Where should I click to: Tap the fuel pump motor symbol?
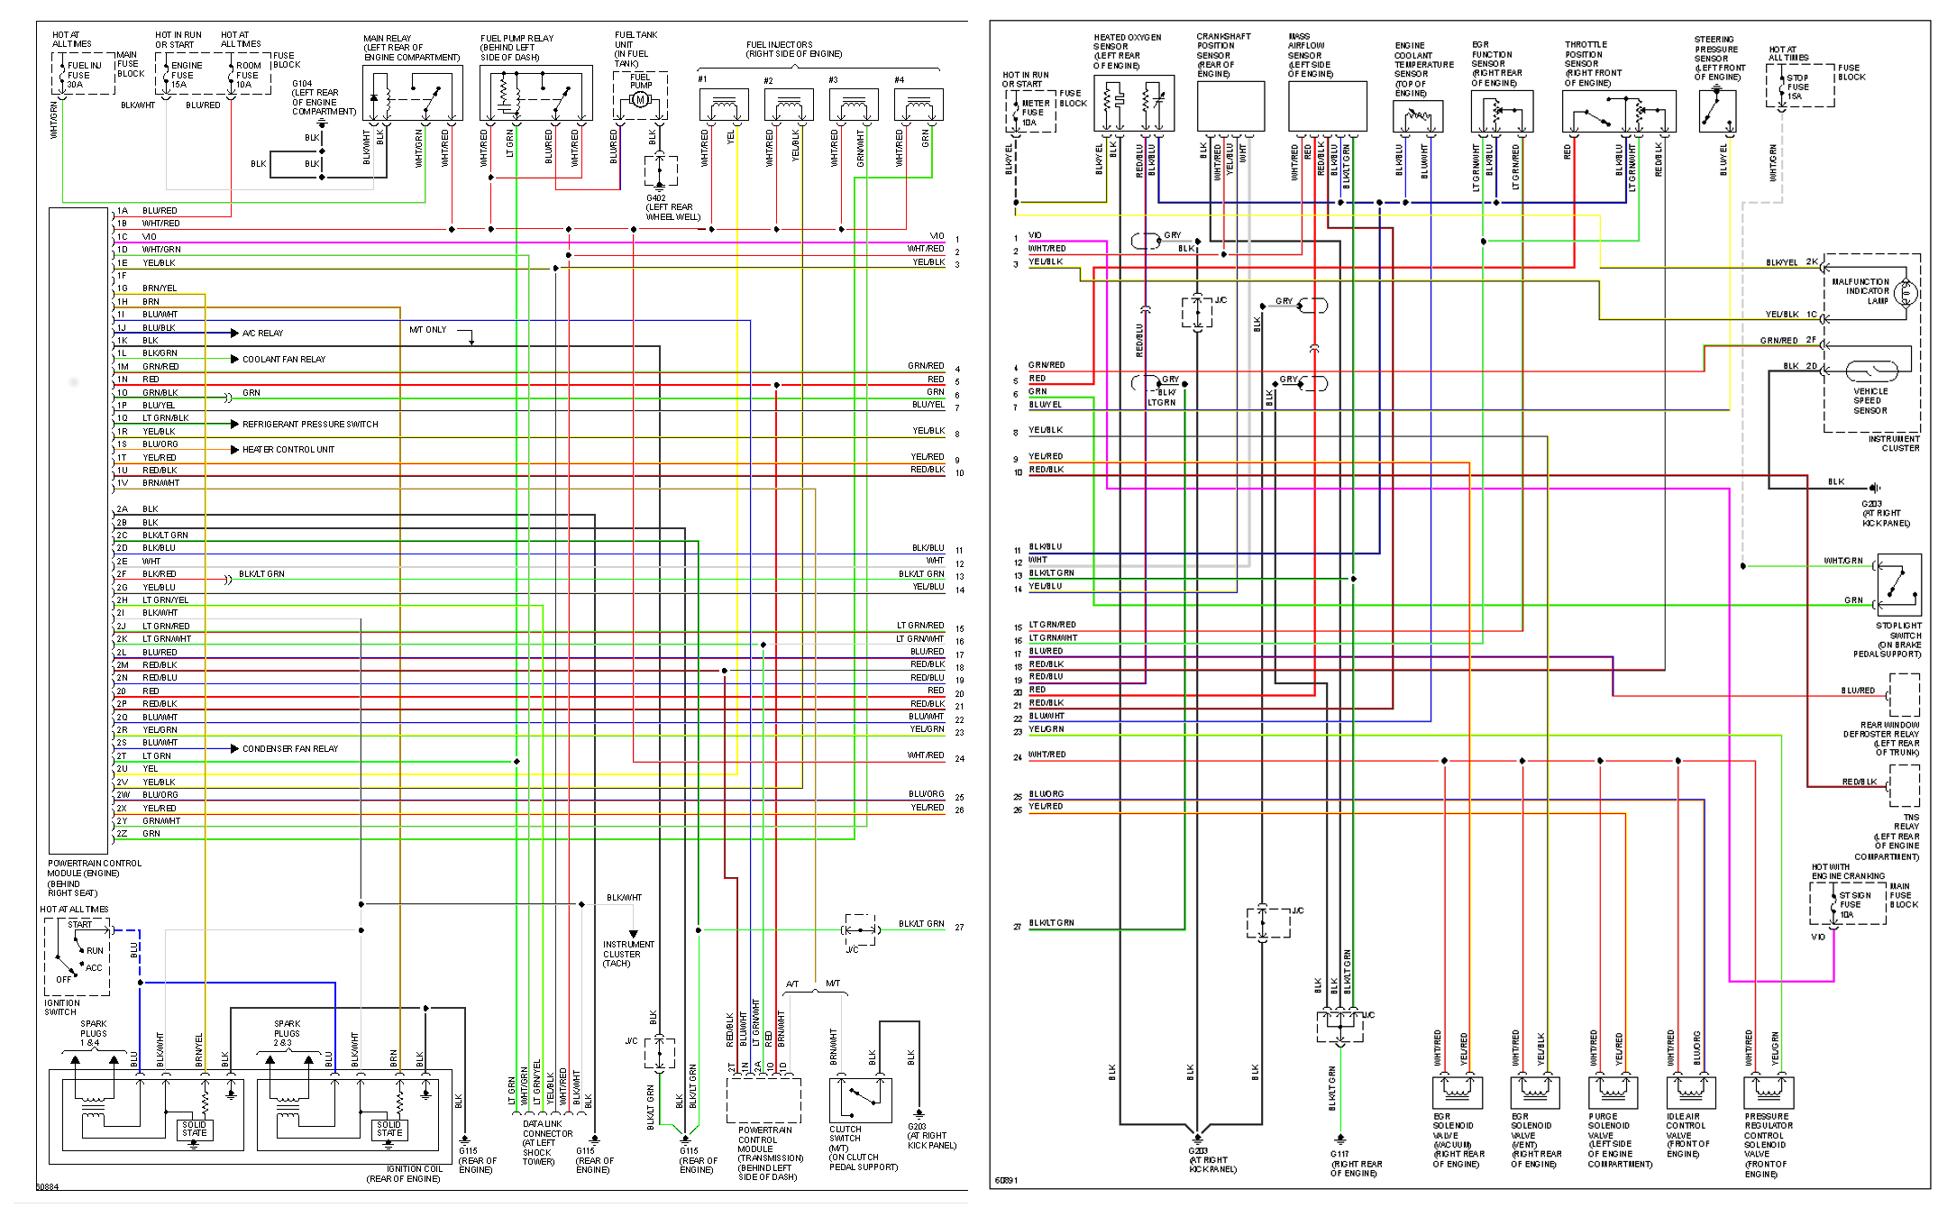coord(641,99)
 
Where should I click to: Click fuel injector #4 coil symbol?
coord(919,106)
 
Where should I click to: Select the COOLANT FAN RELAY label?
coord(283,360)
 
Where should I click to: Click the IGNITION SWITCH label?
coord(62,1008)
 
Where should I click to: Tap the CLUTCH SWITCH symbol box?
coord(860,1100)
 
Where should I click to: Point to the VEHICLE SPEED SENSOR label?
coord(1869,401)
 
